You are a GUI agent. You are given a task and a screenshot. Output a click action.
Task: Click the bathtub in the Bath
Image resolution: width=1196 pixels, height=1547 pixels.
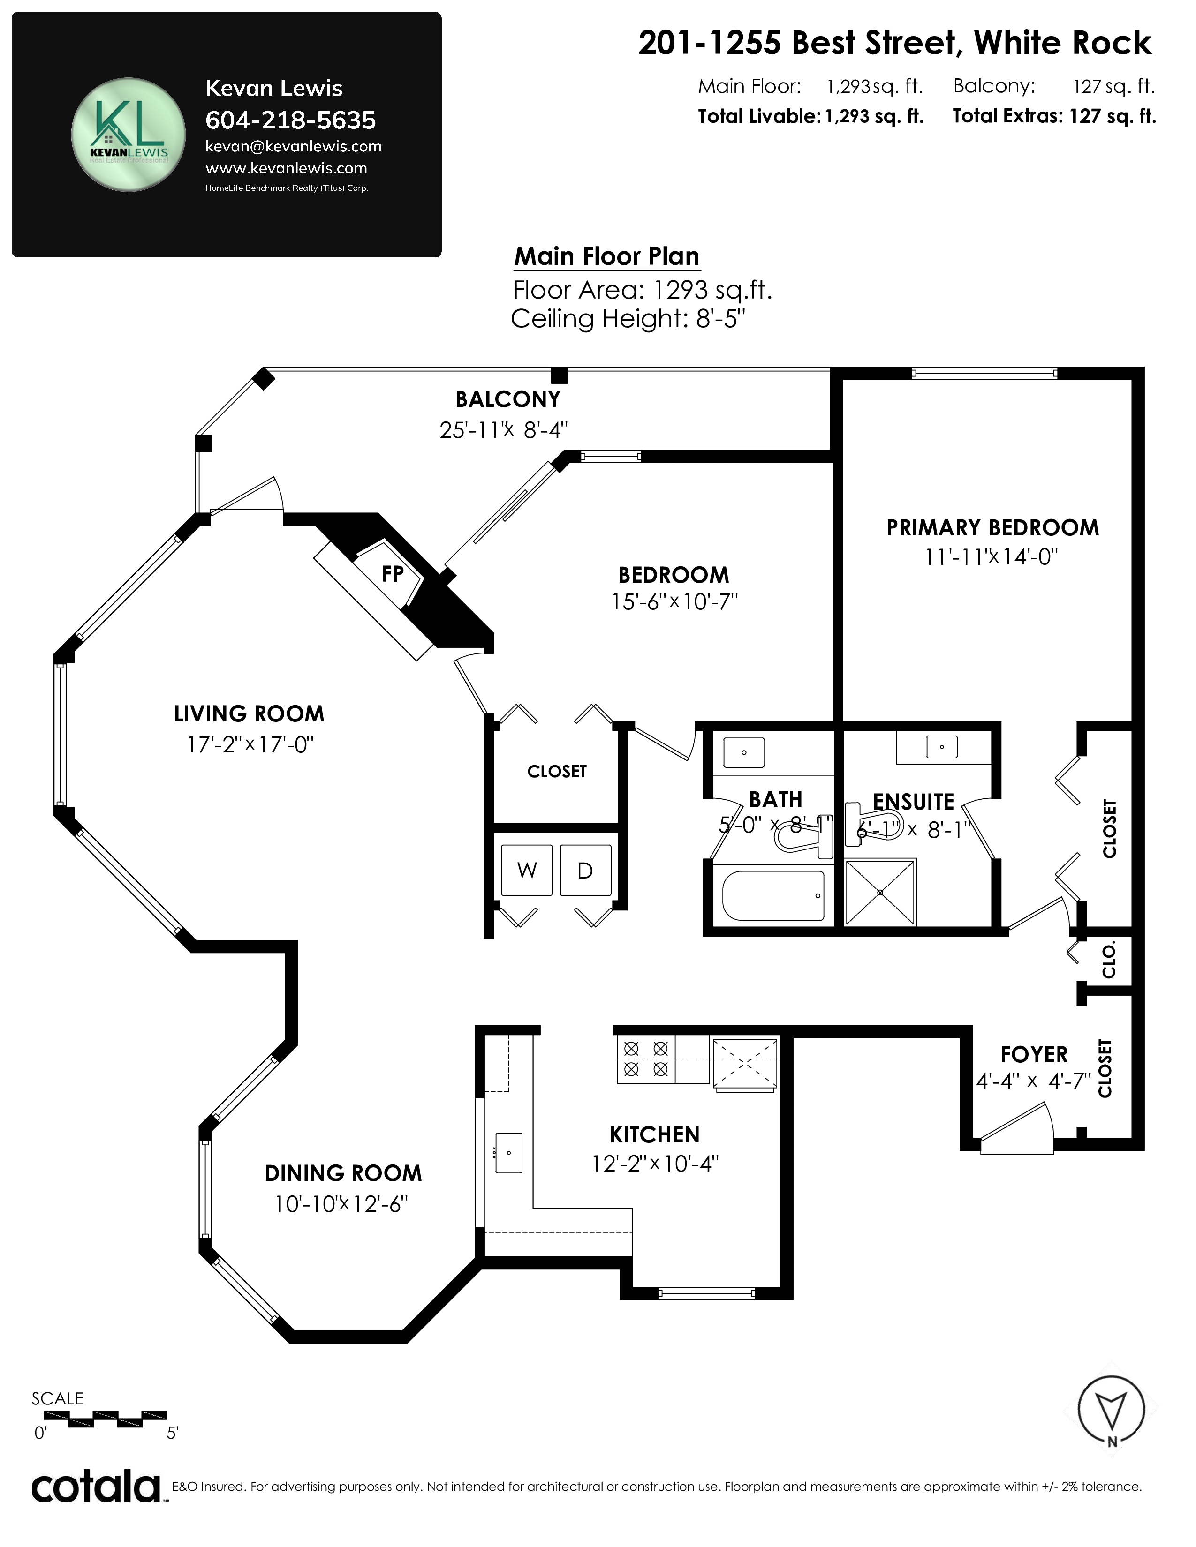773,895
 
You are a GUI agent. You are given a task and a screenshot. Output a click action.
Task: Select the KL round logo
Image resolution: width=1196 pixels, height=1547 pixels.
128,135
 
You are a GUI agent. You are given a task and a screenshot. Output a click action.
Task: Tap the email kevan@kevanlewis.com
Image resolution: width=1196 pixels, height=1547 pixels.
293,147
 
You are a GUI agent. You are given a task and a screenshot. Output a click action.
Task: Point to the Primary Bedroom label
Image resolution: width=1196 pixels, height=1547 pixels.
992,528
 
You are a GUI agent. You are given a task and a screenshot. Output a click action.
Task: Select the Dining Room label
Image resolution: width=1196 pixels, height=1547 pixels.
343,1173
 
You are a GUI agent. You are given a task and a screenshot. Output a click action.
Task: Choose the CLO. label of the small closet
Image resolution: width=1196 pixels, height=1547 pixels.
1109,960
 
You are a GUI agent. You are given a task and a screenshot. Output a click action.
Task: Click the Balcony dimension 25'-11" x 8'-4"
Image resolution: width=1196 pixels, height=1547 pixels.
504,430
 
